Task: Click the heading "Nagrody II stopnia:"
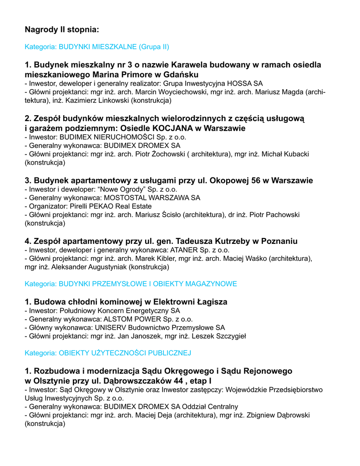[61, 30]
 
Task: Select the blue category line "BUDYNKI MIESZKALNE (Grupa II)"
[97, 46]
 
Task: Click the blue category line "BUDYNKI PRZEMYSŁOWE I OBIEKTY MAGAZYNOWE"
[131, 284]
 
